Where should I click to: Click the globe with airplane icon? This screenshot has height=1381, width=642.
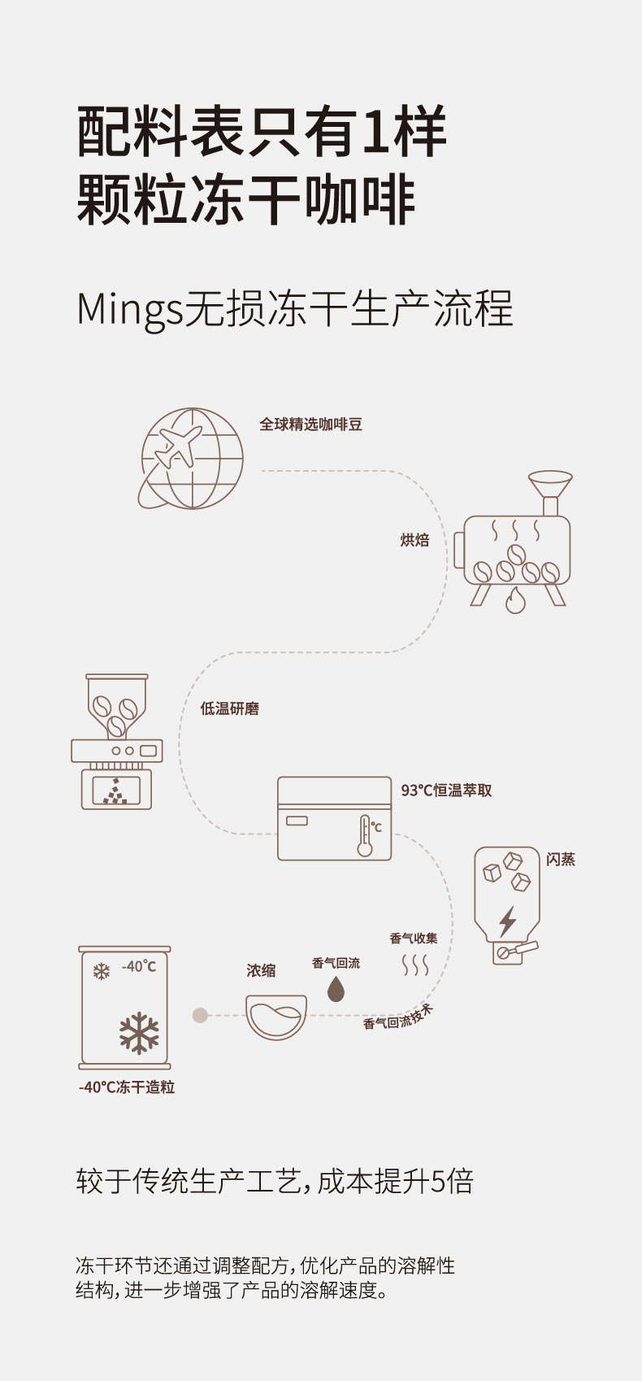coord(192,459)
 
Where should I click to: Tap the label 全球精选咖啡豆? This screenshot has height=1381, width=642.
coord(310,425)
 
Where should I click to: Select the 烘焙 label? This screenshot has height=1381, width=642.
coord(414,540)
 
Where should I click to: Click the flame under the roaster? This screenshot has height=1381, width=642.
coord(515,601)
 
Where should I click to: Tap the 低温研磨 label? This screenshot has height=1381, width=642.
coord(229,708)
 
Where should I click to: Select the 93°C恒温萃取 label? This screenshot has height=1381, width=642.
coord(446,790)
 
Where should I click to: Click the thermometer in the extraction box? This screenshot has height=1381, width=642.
coord(365,835)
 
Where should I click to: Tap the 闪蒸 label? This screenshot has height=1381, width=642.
coord(561,860)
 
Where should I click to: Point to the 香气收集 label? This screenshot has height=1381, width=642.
coord(414,939)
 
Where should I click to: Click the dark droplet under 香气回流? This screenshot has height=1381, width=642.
coord(336,989)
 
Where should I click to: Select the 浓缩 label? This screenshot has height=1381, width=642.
coord(261,970)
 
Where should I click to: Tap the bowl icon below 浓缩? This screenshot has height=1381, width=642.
coord(276,1017)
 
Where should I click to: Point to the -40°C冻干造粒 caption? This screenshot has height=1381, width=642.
coord(127,1087)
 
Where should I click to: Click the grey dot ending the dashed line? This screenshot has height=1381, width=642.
coord(200,1015)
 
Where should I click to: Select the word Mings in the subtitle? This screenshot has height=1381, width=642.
coord(130,310)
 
